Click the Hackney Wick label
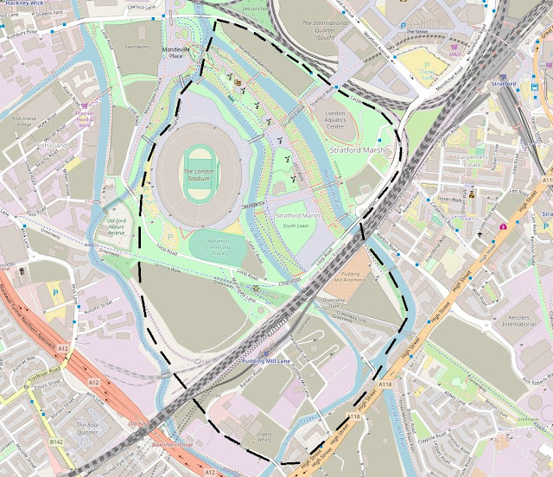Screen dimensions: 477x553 tap(24, 4)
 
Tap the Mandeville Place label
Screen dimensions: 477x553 tap(176, 53)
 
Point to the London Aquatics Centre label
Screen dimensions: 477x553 tap(340, 118)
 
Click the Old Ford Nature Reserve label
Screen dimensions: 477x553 tap(116, 226)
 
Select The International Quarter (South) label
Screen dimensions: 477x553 tap(312, 30)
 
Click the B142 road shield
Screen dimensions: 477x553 tap(57, 442)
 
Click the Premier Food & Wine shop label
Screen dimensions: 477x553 tap(89, 117)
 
